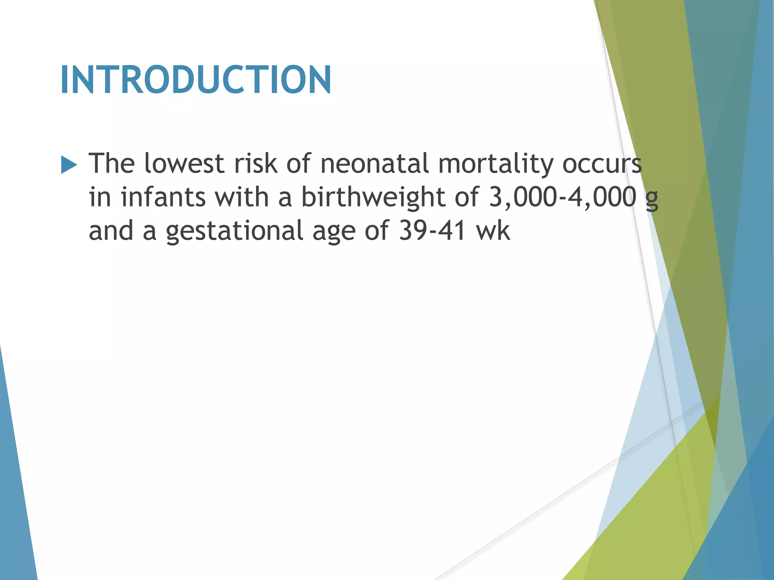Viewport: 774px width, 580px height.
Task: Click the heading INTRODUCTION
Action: coord(195,80)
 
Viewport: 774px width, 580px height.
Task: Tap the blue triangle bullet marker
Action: coord(69,165)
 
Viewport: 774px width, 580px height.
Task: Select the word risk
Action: coord(255,164)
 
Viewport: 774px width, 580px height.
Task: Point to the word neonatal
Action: coord(375,164)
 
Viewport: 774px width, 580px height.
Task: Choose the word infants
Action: coord(163,197)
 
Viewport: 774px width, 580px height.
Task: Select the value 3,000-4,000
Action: coord(562,197)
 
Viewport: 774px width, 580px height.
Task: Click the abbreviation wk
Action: coord(494,230)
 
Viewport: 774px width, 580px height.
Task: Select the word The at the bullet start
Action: coord(111,164)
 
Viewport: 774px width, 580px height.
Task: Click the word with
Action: coord(242,197)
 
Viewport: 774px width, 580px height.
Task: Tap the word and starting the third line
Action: coord(111,230)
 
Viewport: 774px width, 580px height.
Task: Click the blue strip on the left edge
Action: coord(15,491)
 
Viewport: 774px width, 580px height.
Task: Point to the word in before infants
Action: coord(99,197)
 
